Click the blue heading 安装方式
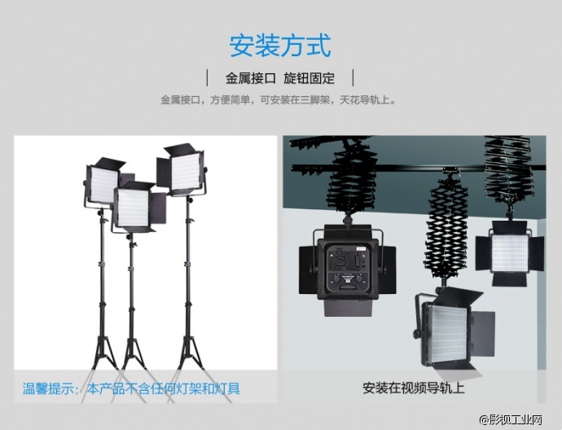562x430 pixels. point(280,46)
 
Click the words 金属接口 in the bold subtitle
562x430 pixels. point(250,78)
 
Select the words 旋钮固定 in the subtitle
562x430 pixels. point(309,78)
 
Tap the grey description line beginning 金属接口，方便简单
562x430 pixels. point(279,99)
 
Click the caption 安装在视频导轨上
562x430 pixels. point(413,388)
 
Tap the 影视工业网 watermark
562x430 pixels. point(512,419)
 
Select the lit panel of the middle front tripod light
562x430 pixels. point(133,208)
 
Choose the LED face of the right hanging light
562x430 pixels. point(510,253)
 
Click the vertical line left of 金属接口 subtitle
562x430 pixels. point(207,77)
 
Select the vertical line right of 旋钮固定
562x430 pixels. point(353,77)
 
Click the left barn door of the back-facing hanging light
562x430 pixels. point(308,268)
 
